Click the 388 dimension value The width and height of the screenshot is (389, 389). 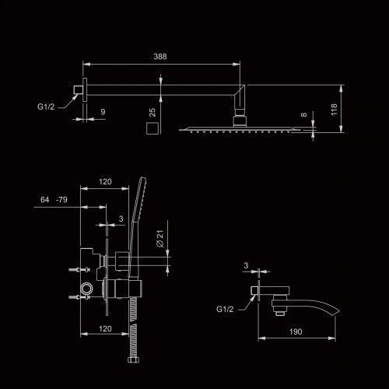click(160, 57)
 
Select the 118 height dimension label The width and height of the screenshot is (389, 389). click(334, 110)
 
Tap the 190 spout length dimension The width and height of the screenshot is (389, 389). click(296, 331)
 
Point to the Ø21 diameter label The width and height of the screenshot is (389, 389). click(160, 239)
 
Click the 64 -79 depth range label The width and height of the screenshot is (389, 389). click(54, 199)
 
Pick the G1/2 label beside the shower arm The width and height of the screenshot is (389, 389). click(46, 107)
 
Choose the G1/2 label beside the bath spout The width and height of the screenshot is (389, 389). click(225, 309)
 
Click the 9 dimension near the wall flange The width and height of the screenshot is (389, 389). click(103, 112)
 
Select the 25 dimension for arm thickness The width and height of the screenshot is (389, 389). click(152, 112)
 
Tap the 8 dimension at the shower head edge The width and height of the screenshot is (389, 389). click(304, 114)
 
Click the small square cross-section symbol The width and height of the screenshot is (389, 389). click(152, 128)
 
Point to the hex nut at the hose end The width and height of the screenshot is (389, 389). click(133, 359)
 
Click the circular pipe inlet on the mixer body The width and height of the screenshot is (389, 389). click(86, 289)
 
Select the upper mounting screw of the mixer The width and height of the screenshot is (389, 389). click(79, 270)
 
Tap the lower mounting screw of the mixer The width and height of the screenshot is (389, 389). click(79, 297)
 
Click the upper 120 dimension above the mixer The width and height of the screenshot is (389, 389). click(105, 181)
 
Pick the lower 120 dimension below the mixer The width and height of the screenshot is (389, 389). click(105, 328)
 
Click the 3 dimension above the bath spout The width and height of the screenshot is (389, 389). click(246, 265)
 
